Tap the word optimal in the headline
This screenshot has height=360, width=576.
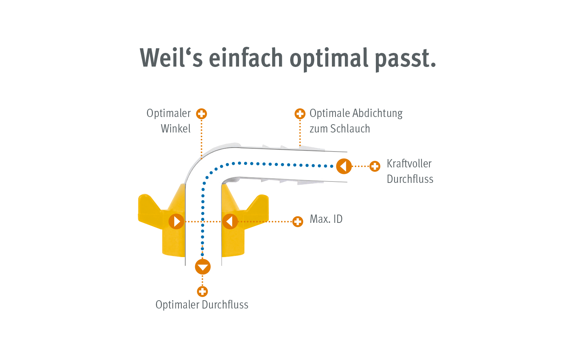pyautogui.click(x=329, y=59)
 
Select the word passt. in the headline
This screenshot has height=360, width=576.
pyautogui.click(x=405, y=59)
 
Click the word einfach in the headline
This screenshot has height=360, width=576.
pyautogui.click(x=246, y=58)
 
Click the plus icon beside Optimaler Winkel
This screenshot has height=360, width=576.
pyautogui.click(x=202, y=114)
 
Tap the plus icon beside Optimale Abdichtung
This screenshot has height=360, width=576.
pyautogui.click(x=300, y=114)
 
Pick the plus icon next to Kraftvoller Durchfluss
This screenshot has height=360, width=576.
pyautogui.click(x=375, y=166)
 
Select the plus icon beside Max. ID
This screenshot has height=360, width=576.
pyautogui.click(x=298, y=221)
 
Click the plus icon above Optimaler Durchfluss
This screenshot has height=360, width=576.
pyautogui.click(x=203, y=291)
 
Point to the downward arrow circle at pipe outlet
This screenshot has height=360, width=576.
pyautogui.click(x=203, y=267)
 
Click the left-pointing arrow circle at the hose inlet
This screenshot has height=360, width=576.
pyautogui.click(x=344, y=166)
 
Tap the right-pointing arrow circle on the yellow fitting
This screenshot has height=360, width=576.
pyautogui.click(x=176, y=221)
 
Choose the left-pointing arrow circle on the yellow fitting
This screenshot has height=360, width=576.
pyautogui.click(x=230, y=221)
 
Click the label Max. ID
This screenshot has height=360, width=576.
pyautogui.click(x=326, y=219)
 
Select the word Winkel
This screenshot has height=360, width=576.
pyautogui.click(x=176, y=129)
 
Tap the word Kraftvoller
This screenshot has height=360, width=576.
pyautogui.click(x=409, y=163)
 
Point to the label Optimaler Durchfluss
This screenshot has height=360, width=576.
pyautogui.click(x=202, y=305)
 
